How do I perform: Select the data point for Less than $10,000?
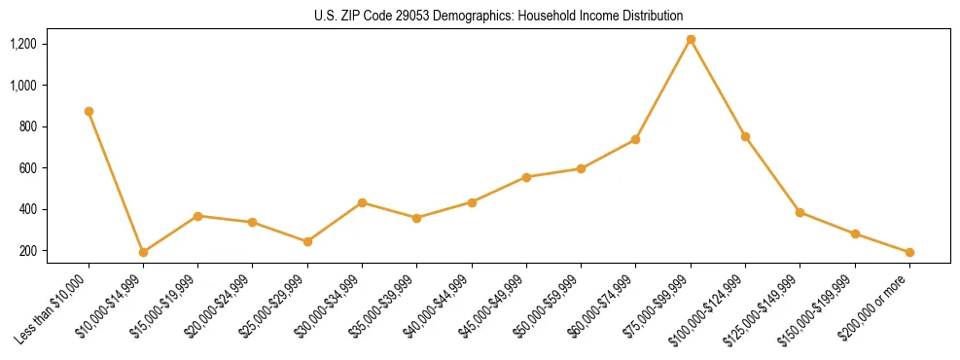[89, 111]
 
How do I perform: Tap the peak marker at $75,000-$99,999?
[691, 40]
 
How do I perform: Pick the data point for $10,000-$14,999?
[143, 252]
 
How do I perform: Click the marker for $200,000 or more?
[909, 252]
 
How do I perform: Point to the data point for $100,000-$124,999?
[745, 136]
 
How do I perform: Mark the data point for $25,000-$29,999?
[307, 241]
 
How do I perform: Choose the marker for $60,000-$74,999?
[635, 139]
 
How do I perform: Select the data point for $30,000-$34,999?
[362, 202]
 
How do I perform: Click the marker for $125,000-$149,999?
[800, 212]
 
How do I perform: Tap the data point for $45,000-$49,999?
[526, 177]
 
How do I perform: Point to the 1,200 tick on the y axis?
[22, 44]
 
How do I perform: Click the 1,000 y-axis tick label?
[22, 86]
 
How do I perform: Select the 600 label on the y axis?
[26, 168]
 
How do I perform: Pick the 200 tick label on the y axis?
[26, 251]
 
